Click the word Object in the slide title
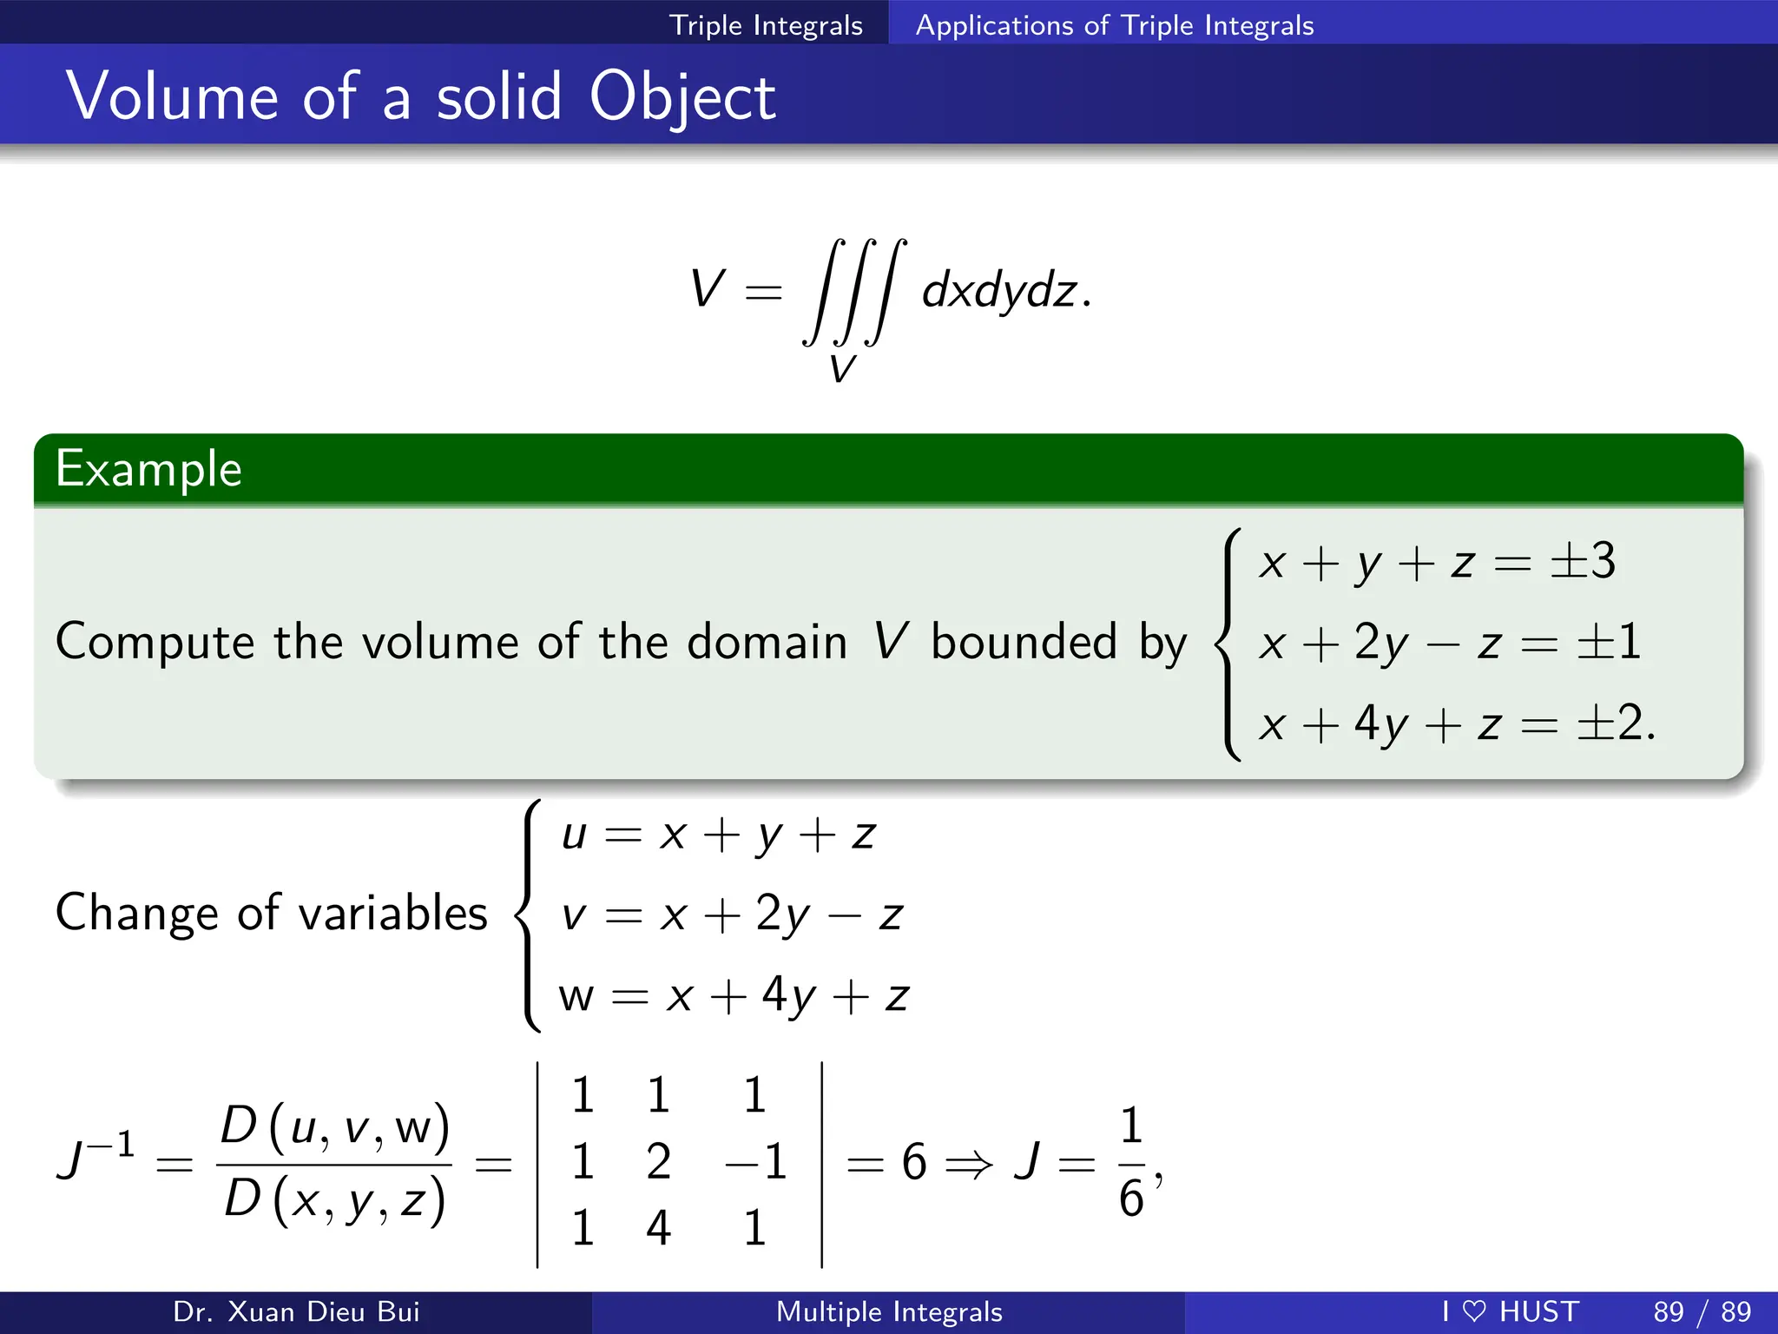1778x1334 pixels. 682,97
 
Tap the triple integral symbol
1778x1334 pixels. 854,291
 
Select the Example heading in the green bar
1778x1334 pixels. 148,470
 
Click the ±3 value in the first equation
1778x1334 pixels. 1583,560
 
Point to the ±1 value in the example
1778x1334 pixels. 1609,643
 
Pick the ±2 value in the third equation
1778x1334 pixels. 1609,723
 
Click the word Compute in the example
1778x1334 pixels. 155,643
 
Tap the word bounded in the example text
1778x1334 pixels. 1024,643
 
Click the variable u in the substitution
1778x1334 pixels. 574,835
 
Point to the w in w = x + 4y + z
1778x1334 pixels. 576,996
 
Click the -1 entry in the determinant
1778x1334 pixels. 755,1161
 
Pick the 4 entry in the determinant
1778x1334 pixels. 659,1228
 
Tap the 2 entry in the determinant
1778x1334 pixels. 659,1161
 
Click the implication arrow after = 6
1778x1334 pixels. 968,1163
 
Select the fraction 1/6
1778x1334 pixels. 1131,1162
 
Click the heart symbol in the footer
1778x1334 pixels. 1474,1311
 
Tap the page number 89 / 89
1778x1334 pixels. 1702,1311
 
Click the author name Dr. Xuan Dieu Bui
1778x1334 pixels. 296,1311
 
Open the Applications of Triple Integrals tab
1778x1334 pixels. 1115,25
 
